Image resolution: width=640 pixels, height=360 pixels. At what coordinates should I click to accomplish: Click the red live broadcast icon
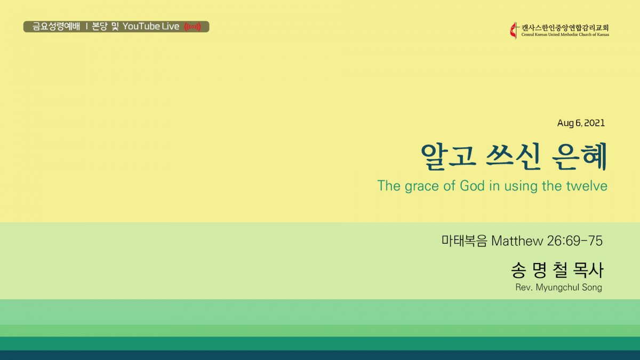pos(193,27)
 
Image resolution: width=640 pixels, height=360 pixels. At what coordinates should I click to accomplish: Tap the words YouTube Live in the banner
pos(151,27)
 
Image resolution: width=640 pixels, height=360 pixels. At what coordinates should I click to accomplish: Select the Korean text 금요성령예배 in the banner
pos(56,27)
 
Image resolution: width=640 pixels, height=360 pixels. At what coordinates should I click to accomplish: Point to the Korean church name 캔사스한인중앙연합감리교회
pos(565,28)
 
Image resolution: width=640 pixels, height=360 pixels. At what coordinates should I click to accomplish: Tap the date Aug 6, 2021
pos(581,123)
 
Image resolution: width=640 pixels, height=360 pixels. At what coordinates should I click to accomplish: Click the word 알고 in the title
pos(449,156)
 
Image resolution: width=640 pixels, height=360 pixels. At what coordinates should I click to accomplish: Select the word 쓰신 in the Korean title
pos(513,156)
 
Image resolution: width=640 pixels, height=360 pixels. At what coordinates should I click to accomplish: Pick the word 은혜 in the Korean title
pos(579,156)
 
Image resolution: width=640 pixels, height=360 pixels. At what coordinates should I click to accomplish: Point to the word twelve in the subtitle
pos(587,186)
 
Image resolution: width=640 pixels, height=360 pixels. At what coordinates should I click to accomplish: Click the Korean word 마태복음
pos(464,241)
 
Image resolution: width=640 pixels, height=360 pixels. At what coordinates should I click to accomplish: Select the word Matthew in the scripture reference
pos(517,241)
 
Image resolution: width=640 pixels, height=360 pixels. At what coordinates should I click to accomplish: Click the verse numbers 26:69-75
pos(575,241)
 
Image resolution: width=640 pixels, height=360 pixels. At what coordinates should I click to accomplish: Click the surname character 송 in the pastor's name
pos(518,270)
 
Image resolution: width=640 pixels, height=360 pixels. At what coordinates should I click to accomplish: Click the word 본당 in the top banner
pos(99,27)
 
